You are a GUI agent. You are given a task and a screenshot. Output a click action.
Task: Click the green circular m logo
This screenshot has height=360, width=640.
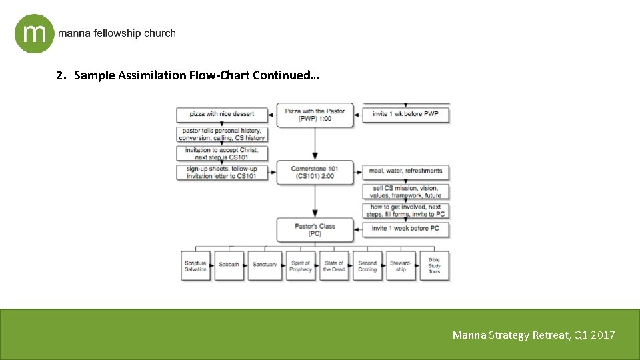click(34, 33)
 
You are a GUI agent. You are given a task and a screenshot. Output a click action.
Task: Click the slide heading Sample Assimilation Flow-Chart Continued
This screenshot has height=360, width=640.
click(187, 75)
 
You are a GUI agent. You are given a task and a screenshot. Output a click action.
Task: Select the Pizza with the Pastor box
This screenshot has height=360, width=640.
click(314, 115)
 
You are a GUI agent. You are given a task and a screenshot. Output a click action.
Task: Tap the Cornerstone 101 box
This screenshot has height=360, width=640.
click(314, 172)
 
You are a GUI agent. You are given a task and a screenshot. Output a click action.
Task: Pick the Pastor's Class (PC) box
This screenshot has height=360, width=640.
click(314, 229)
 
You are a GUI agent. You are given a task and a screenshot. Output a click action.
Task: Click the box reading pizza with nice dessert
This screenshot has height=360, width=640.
click(221, 114)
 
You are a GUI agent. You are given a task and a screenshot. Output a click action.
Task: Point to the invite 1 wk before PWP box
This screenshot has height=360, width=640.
click(405, 114)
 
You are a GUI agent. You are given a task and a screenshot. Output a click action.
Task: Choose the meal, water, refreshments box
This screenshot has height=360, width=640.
click(405, 171)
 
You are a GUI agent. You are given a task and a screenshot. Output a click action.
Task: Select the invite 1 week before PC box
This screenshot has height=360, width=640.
click(405, 229)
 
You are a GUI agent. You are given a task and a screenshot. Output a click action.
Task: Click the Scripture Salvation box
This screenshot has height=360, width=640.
click(196, 266)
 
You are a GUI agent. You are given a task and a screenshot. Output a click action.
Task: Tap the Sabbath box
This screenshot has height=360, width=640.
click(229, 266)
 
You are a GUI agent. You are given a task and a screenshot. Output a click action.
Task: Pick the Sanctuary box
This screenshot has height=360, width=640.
click(265, 266)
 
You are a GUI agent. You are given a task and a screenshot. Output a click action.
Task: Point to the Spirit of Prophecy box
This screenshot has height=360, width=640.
click(301, 266)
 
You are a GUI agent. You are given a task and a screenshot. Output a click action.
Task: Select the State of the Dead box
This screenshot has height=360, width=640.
click(333, 266)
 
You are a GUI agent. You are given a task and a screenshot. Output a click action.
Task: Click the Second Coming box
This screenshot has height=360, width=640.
click(367, 266)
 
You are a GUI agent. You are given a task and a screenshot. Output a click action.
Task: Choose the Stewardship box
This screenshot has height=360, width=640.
click(400, 266)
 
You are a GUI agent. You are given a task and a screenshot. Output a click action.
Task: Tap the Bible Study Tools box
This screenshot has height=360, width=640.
click(434, 266)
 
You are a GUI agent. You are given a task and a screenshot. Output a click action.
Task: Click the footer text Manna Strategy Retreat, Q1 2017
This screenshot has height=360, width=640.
click(533, 335)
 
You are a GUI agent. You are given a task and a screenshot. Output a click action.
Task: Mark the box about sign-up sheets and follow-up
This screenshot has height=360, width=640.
click(221, 172)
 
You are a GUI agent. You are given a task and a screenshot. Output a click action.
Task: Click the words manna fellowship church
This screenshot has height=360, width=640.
click(117, 33)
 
